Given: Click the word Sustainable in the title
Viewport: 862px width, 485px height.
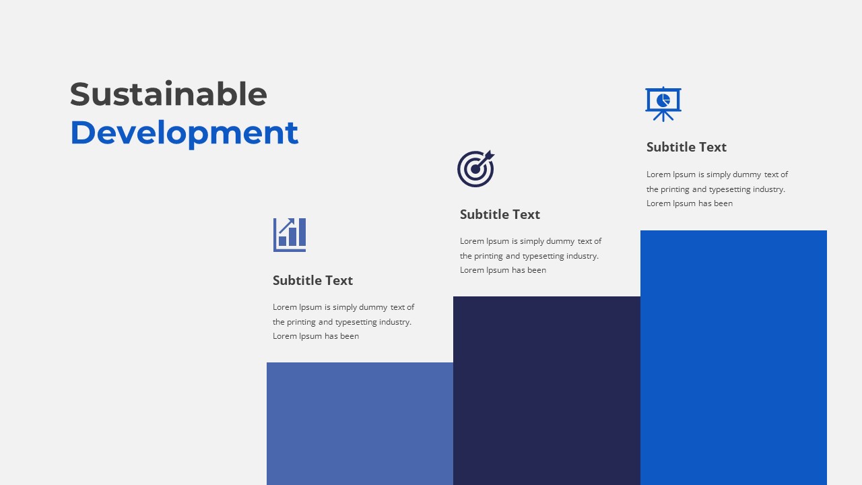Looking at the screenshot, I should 168,94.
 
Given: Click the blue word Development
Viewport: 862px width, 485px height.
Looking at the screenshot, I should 184,133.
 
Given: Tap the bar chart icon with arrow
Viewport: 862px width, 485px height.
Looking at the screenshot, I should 290,235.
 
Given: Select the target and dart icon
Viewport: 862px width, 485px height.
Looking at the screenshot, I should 475,168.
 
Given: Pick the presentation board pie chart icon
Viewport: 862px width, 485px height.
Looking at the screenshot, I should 663,104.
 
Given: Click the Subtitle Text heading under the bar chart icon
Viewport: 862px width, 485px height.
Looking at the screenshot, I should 312,280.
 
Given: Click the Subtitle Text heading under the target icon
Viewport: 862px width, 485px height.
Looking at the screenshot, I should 500,214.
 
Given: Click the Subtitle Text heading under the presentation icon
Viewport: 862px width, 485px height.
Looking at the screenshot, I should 686,147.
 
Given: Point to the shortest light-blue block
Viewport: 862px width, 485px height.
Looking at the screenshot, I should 360,424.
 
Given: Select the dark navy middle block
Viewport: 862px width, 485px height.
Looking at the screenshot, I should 546,391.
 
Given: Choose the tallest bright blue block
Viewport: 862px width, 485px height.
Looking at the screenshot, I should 733,358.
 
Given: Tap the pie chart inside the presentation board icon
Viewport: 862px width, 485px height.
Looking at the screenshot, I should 663,100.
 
